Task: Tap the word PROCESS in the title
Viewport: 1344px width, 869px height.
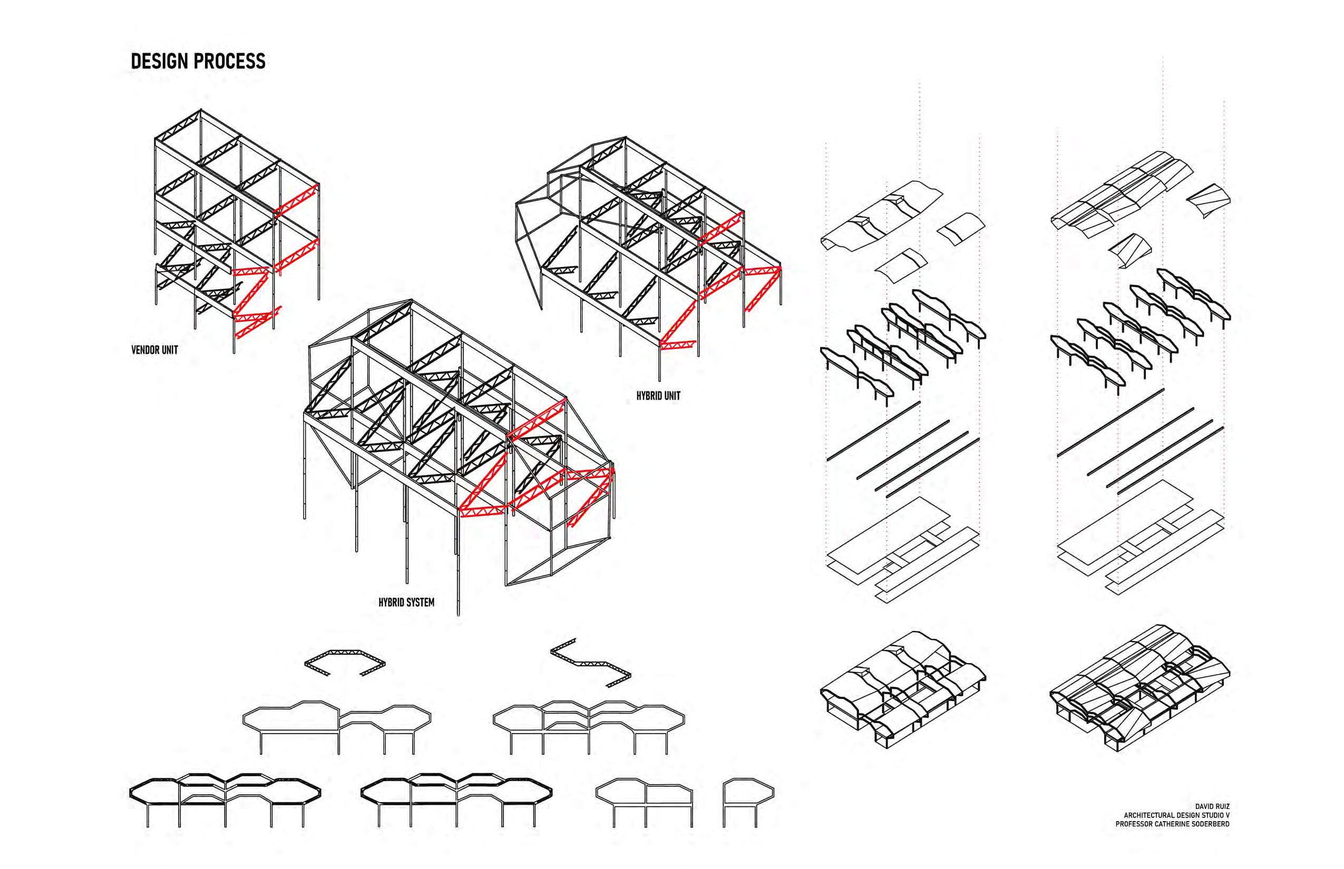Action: pos(231,62)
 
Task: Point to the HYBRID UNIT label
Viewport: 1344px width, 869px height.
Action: pos(658,396)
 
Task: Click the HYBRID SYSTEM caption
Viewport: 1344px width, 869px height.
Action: pos(406,603)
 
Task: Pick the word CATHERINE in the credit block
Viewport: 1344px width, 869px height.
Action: pos(1172,824)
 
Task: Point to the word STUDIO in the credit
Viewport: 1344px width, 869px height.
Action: pos(1210,815)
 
